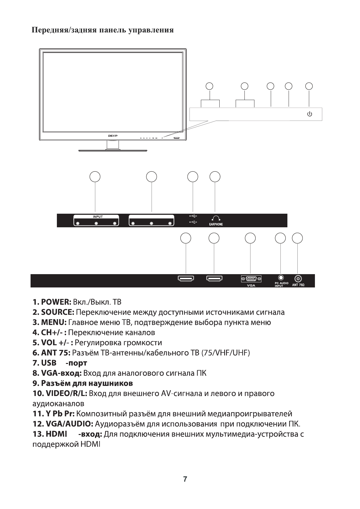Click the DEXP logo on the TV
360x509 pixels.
click(x=113, y=136)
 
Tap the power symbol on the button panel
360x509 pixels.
click(x=309, y=114)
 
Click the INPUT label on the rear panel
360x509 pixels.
click(x=98, y=217)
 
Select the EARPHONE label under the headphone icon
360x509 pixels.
click(x=216, y=225)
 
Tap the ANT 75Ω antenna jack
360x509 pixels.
click(x=298, y=278)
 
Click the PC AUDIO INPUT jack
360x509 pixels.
click(x=281, y=277)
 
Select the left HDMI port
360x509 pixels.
click(x=186, y=278)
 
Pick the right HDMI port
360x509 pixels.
click(x=214, y=278)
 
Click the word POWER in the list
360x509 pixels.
click(x=56, y=302)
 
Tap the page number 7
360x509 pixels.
click(x=185, y=479)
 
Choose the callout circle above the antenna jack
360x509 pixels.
click(x=297, y=238)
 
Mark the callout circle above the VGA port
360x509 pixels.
click(x=250, y=238)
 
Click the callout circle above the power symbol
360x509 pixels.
click(x=309, y=86)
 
